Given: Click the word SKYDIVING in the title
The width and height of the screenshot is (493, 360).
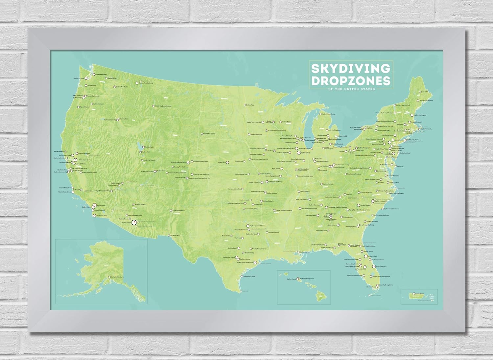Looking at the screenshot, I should [350, 68].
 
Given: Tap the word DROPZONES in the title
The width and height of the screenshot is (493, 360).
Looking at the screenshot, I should [350, 80].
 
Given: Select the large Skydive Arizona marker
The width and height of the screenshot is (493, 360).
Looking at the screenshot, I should [134, 222].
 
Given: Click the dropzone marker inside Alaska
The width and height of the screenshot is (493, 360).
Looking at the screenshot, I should [109, 277].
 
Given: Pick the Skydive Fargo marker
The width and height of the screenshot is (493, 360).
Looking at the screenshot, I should [245, 105].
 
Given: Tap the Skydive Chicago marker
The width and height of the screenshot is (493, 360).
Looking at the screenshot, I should [298, 152].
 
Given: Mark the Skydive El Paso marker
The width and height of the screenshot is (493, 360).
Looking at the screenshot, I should [170, 235].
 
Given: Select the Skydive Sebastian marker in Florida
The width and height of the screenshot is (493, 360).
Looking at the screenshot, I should [373, 267].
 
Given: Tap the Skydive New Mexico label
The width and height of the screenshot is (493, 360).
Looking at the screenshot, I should [179, 210].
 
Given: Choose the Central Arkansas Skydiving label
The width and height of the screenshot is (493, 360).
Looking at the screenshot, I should [283, 210].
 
